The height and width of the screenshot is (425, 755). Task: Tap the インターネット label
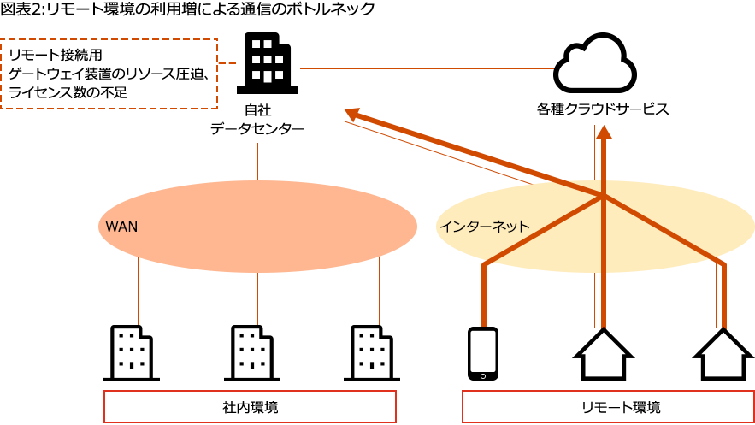484,227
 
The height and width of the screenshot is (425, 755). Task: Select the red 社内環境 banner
249,407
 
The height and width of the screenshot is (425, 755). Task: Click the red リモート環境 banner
607,407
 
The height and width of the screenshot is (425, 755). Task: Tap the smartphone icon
483,353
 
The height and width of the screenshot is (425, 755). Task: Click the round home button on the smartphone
483,375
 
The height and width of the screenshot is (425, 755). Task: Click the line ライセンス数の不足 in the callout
68,91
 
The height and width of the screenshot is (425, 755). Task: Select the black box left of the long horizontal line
267,63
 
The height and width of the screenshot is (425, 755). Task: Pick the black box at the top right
594,62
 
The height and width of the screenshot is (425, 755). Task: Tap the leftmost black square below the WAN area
132,352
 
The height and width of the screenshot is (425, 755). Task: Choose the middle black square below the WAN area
252,352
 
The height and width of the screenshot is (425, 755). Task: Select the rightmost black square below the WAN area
372,352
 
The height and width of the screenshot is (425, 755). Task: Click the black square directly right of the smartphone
603,353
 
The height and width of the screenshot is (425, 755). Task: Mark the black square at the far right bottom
723,353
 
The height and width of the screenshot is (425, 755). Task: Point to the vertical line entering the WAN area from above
257,160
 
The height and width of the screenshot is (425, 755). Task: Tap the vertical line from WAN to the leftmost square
138,299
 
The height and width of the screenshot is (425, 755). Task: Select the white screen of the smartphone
483,350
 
